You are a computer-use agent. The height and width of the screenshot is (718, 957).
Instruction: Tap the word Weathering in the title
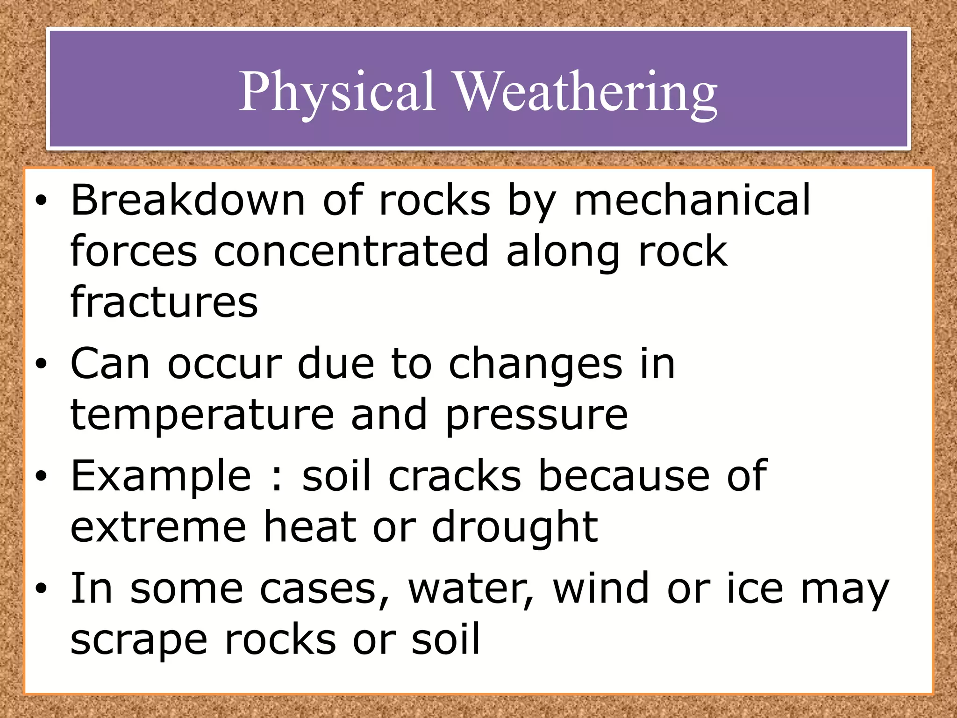point(585,92)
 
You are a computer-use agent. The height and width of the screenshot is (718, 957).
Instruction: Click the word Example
point(160,477)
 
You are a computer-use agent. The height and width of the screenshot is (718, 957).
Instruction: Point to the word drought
point(514,527)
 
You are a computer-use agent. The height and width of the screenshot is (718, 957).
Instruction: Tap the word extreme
point(158,527)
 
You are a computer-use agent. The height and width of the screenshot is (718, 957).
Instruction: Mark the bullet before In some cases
point(41,589)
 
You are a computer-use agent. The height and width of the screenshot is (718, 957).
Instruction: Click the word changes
point(536,365)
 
